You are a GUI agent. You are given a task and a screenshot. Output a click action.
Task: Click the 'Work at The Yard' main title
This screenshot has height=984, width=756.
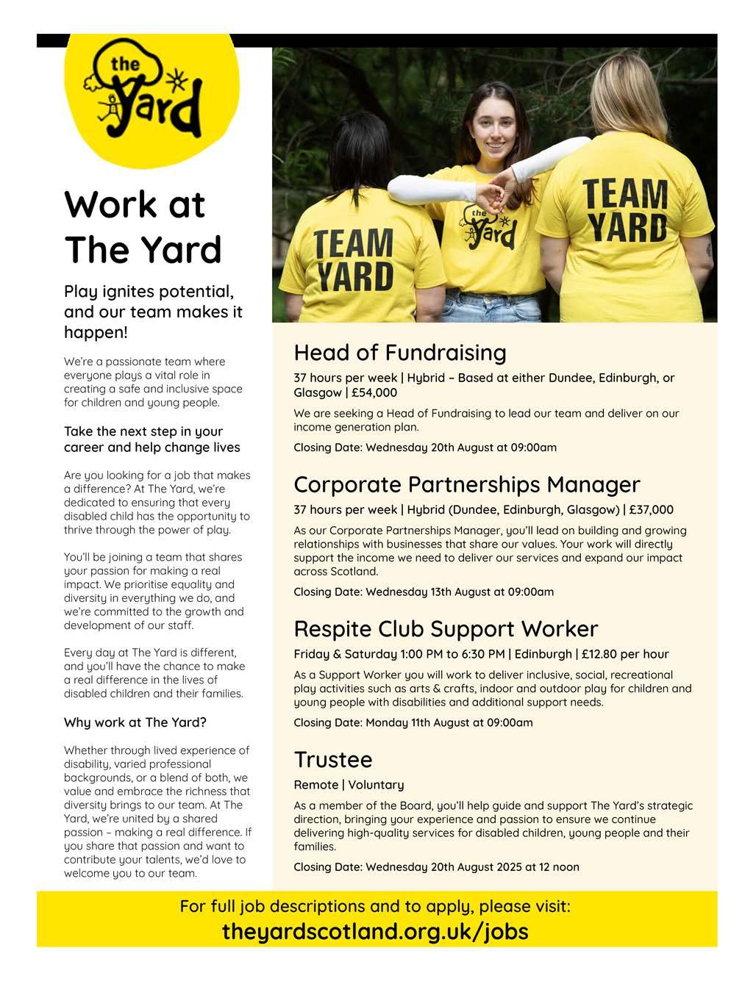[143, 227]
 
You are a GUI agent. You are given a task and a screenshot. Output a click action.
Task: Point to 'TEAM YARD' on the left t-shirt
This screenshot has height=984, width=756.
[354, 260]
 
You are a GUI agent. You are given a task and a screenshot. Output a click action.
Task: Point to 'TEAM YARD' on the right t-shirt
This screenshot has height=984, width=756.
[626, 209]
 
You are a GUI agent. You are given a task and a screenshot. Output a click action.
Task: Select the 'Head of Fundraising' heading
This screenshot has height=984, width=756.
[400, 353]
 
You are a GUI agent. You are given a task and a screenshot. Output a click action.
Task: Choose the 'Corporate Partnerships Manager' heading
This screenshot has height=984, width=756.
[467, 484]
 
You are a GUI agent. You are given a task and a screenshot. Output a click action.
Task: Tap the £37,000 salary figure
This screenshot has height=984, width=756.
[651, 509]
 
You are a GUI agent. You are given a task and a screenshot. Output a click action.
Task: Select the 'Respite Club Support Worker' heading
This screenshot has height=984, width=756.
[446, 629]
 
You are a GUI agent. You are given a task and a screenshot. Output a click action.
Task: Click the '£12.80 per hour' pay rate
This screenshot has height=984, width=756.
[624, 654]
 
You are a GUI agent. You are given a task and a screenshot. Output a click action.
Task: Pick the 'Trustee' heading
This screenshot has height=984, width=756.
[333, 759]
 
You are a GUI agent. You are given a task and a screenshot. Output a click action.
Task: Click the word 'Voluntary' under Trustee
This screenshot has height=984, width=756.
[376, 785]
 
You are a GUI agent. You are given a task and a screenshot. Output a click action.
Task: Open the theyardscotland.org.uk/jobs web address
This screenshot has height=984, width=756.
[375, 931]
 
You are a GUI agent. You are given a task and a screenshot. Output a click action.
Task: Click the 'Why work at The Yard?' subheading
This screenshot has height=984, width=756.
[135, 722]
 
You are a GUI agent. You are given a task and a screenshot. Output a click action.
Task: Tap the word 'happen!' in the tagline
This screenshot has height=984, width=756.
[96, 332]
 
